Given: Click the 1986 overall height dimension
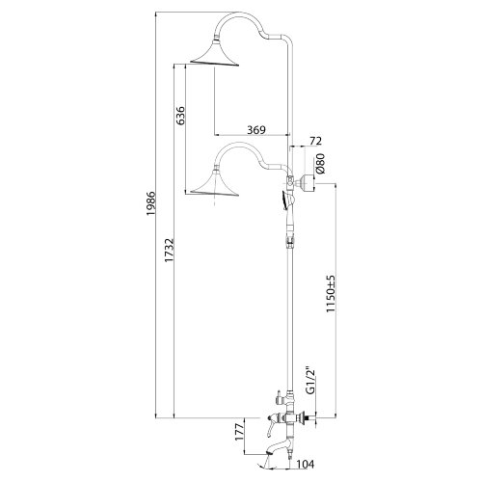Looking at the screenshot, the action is (x=150, y=203).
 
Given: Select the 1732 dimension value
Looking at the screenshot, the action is (x=169, y=250).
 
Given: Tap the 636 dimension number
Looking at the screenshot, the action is (x=181, y=116).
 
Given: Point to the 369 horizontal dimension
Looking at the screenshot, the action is (x=256, y=130).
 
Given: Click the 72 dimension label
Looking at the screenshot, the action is (x=315, y=141).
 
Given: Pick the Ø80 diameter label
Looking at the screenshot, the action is (x=320, y=163).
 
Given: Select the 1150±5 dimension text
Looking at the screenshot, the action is (x=331, y=293).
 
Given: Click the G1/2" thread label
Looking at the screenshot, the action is (x=310, y=380).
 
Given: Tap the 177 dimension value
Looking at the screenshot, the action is (x=240, y=432).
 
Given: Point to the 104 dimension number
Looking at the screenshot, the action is (x=305, y=464).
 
